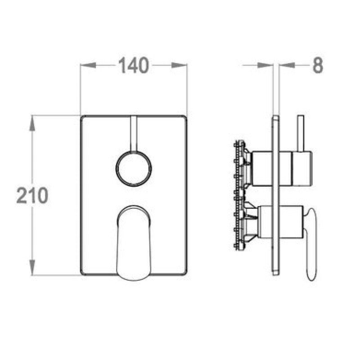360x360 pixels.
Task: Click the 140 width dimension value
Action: point(134,65)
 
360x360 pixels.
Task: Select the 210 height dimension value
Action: point(32,195)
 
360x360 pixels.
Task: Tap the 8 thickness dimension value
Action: point(318,65)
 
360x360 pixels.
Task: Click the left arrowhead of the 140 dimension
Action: point(88,65)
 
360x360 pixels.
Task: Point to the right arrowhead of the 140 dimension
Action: point(179,65)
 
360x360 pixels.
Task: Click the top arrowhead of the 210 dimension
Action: point(32,123)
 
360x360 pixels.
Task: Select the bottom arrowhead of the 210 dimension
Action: point(32,267)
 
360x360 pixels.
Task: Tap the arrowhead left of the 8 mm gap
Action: point(265,65)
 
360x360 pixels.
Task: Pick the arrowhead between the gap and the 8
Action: point(287,65)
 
